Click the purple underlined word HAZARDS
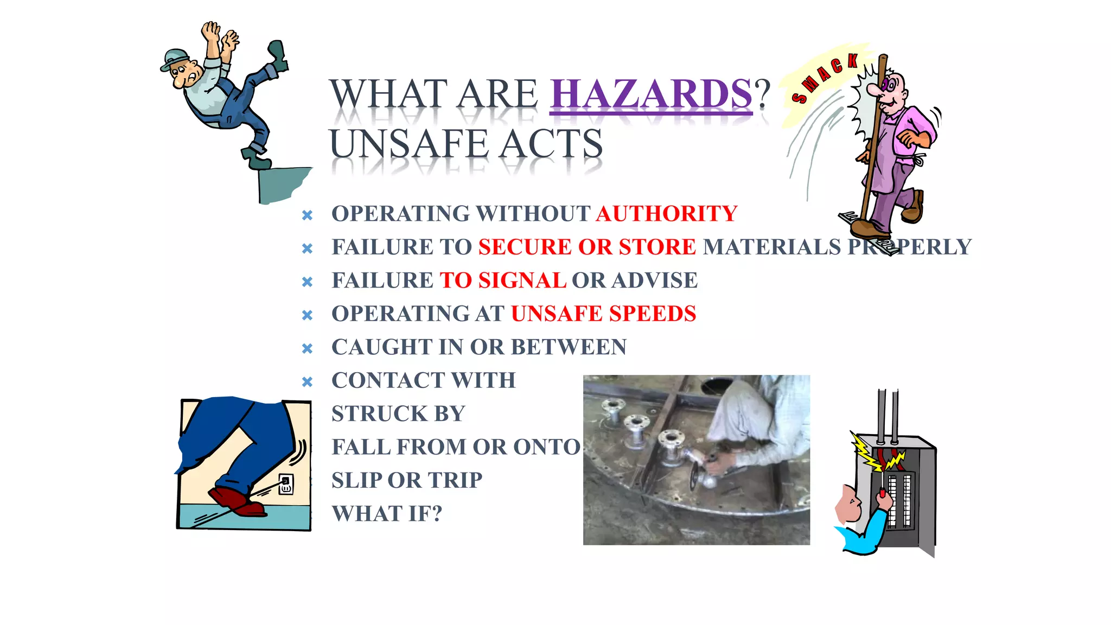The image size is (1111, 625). pos(651,94)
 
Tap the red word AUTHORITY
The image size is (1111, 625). pos(667,214)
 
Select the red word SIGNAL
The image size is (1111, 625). pos(522,280)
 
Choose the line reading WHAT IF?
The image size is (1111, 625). pos(387,514)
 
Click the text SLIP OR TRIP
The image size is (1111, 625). pos(407,480)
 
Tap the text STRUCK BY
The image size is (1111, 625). pos(398,414)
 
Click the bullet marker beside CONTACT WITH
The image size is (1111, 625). pos(307,381)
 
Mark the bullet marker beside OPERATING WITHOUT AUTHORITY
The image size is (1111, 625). pos(307,215)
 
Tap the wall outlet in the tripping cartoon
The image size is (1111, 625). pos(286,484)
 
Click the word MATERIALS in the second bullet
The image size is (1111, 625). pos(771,247)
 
